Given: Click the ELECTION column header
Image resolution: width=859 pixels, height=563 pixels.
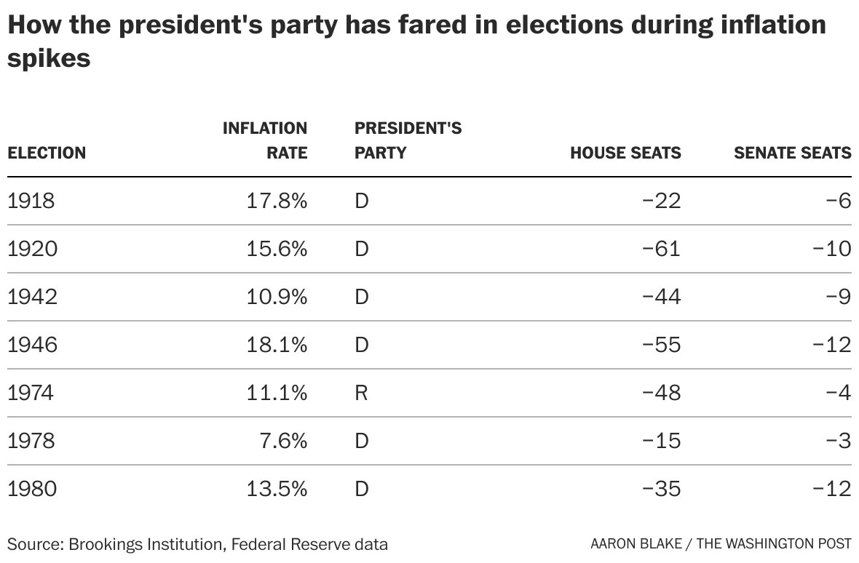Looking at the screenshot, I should click(x=47, y=153).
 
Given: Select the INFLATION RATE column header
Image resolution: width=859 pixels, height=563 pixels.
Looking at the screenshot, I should click(x=265, y=140).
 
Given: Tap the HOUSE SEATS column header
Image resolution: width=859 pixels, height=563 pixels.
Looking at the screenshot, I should click(x=625, y=153).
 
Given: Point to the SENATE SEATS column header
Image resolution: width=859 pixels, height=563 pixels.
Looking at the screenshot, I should click(x=792, y=153).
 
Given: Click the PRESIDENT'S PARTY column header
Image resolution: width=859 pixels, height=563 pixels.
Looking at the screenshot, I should click(x=408, y=140).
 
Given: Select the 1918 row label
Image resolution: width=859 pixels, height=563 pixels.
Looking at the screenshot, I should click(x=31, y=201).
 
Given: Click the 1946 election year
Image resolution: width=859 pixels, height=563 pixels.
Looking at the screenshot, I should click(x=31, y=344).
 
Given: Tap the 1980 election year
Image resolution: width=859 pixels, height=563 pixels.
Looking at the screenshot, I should click(x=31, y=488).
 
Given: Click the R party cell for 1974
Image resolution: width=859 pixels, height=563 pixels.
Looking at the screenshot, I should click(x=361, y=393).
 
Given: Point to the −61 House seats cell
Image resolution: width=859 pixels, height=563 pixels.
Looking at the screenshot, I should click(x=661, y=249).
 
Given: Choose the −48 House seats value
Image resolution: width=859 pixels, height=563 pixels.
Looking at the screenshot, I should click(x=661, y=393).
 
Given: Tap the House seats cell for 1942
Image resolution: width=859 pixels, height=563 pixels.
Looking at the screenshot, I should click(x=661, y=297).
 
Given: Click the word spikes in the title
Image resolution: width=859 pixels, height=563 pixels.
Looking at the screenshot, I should click(x=49, y=58).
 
